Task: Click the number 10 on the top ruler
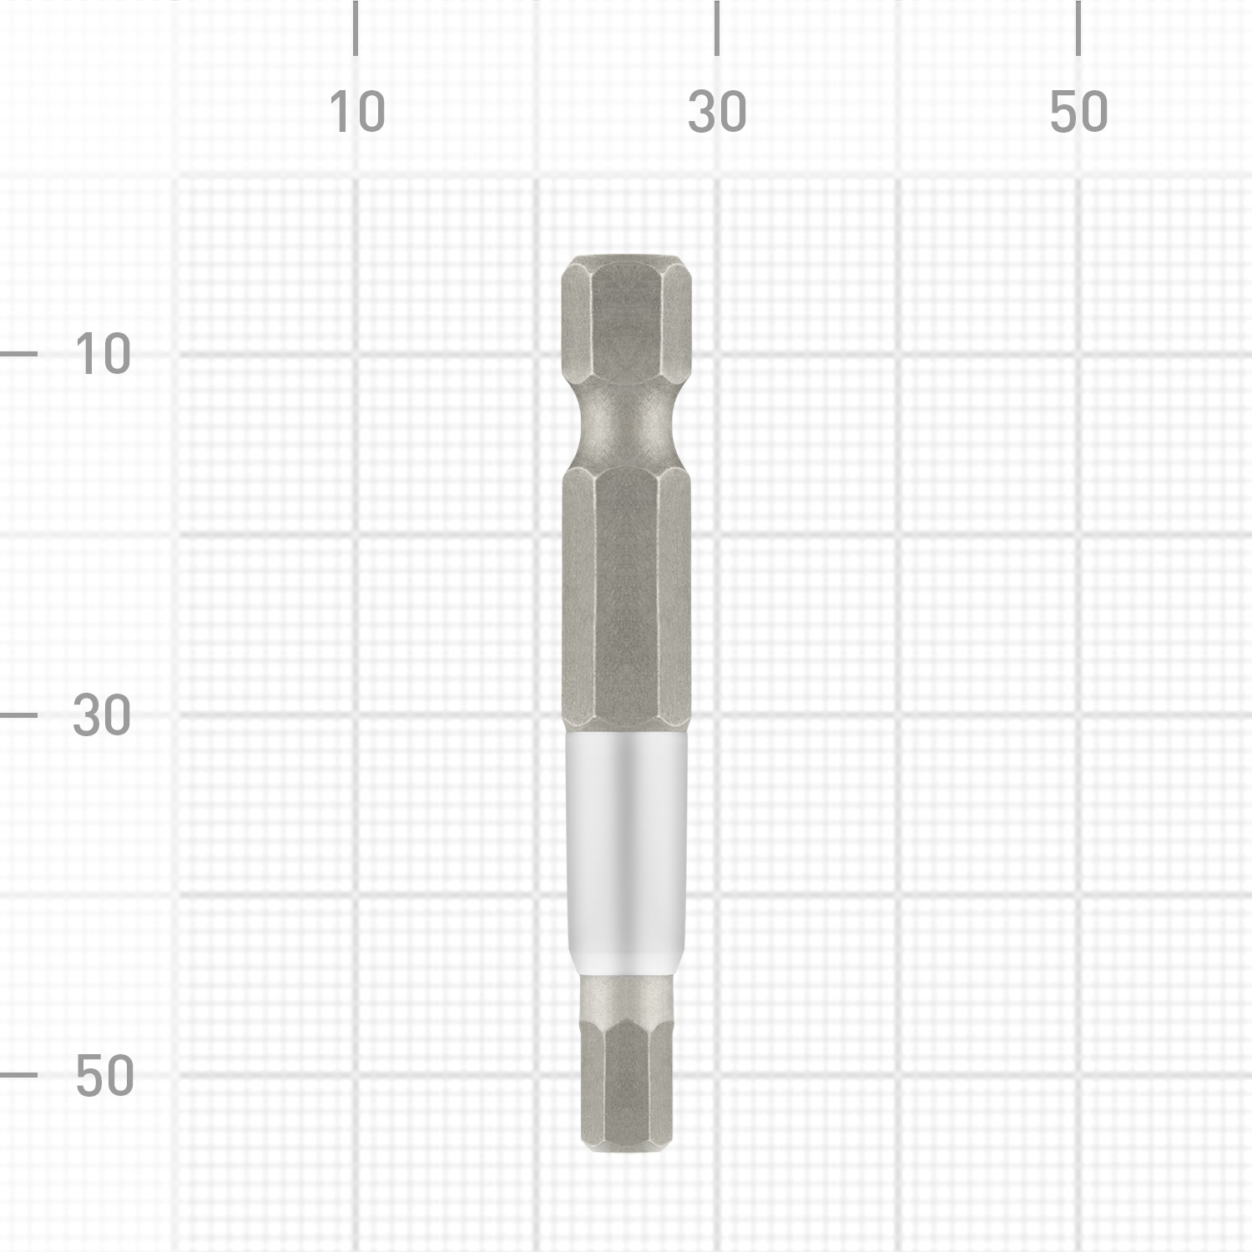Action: [x=357, y=113]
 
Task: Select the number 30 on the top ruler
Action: [x=717, y=113]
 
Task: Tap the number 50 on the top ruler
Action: [x=1078, y=113]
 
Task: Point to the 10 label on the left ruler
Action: [x=103, y=354]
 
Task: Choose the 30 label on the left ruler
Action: [x=102, y=715]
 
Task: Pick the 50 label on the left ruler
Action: [x=104, y=1075]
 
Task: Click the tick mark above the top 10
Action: [x=356, y=28]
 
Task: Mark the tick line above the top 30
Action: [x=717, y=28]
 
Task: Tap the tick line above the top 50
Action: [x=1078, y=28]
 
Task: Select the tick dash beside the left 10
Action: [x=18, y=354]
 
